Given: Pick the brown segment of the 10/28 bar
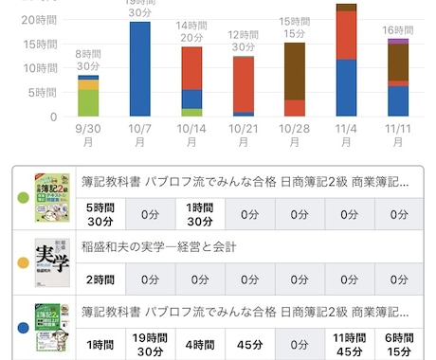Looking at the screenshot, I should coord(295,70).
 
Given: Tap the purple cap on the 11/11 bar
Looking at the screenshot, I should coord(398,41).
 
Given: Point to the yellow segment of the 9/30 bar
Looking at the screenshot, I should coord(89,85).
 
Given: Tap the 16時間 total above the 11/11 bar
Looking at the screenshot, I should coord(398,29).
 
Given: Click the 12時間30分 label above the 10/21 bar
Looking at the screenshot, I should coord(244,41).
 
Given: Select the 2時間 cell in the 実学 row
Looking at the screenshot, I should coord(101,280).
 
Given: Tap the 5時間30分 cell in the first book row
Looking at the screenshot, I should coord(101,214).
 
